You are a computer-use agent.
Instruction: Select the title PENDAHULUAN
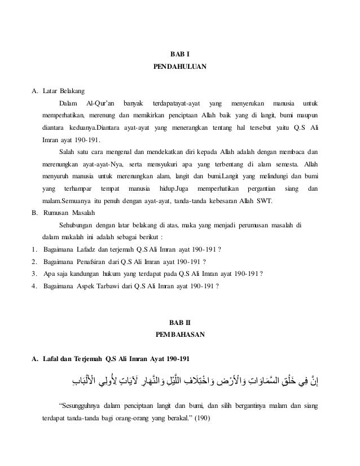pos(179,68)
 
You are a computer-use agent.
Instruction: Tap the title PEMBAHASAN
pos(179,335)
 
